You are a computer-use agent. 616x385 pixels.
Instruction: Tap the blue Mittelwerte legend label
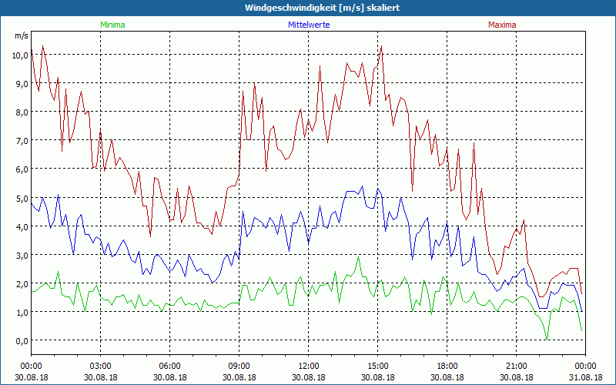(x=308, y=25)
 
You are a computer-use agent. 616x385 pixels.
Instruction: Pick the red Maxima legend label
(x=502, y=25)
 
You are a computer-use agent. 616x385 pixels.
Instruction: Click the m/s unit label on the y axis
(x=21, y=35)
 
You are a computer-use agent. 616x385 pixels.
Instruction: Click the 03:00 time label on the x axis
(x=101, y=366)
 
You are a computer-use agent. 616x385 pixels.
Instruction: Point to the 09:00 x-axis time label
(x=239, y=366)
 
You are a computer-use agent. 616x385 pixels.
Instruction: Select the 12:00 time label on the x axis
(x=309, y=366)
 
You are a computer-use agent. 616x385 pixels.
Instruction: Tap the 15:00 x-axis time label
(x=378, y=366)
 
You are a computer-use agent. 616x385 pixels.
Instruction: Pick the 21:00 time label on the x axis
(x=517, y=366)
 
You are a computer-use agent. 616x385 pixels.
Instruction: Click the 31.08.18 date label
(x=585, y=377)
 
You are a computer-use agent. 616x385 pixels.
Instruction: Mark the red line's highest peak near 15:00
(x=381, y=46)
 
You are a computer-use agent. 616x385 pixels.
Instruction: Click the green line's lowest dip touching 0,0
(x=547, y=339)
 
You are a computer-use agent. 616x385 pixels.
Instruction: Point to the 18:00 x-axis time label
(x=447, y=366)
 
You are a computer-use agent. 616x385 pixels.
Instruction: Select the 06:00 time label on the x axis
(x=170, y=366)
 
